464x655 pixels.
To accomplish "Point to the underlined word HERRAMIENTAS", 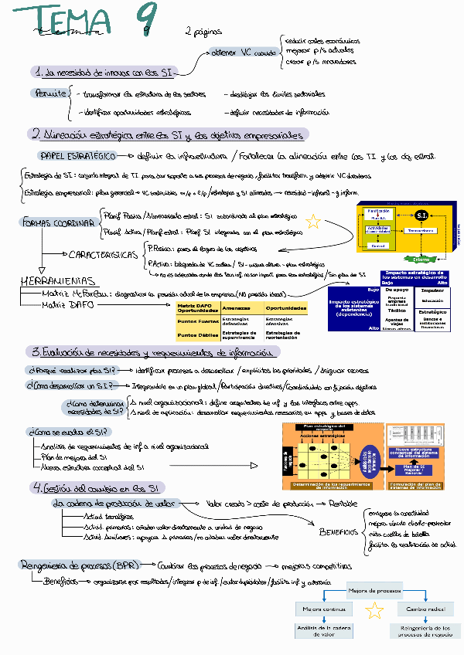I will coord(58,281).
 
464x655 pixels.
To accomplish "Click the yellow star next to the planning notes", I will coord(312,223).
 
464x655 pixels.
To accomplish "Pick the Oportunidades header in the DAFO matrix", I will coord(286,309).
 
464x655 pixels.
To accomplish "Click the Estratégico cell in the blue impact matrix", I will coord(432,313).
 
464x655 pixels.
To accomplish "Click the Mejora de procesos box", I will coord(374,591).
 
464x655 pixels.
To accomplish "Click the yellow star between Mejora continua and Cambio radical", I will coord(374,611).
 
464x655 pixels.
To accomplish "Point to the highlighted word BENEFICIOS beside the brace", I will coord(339,531).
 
